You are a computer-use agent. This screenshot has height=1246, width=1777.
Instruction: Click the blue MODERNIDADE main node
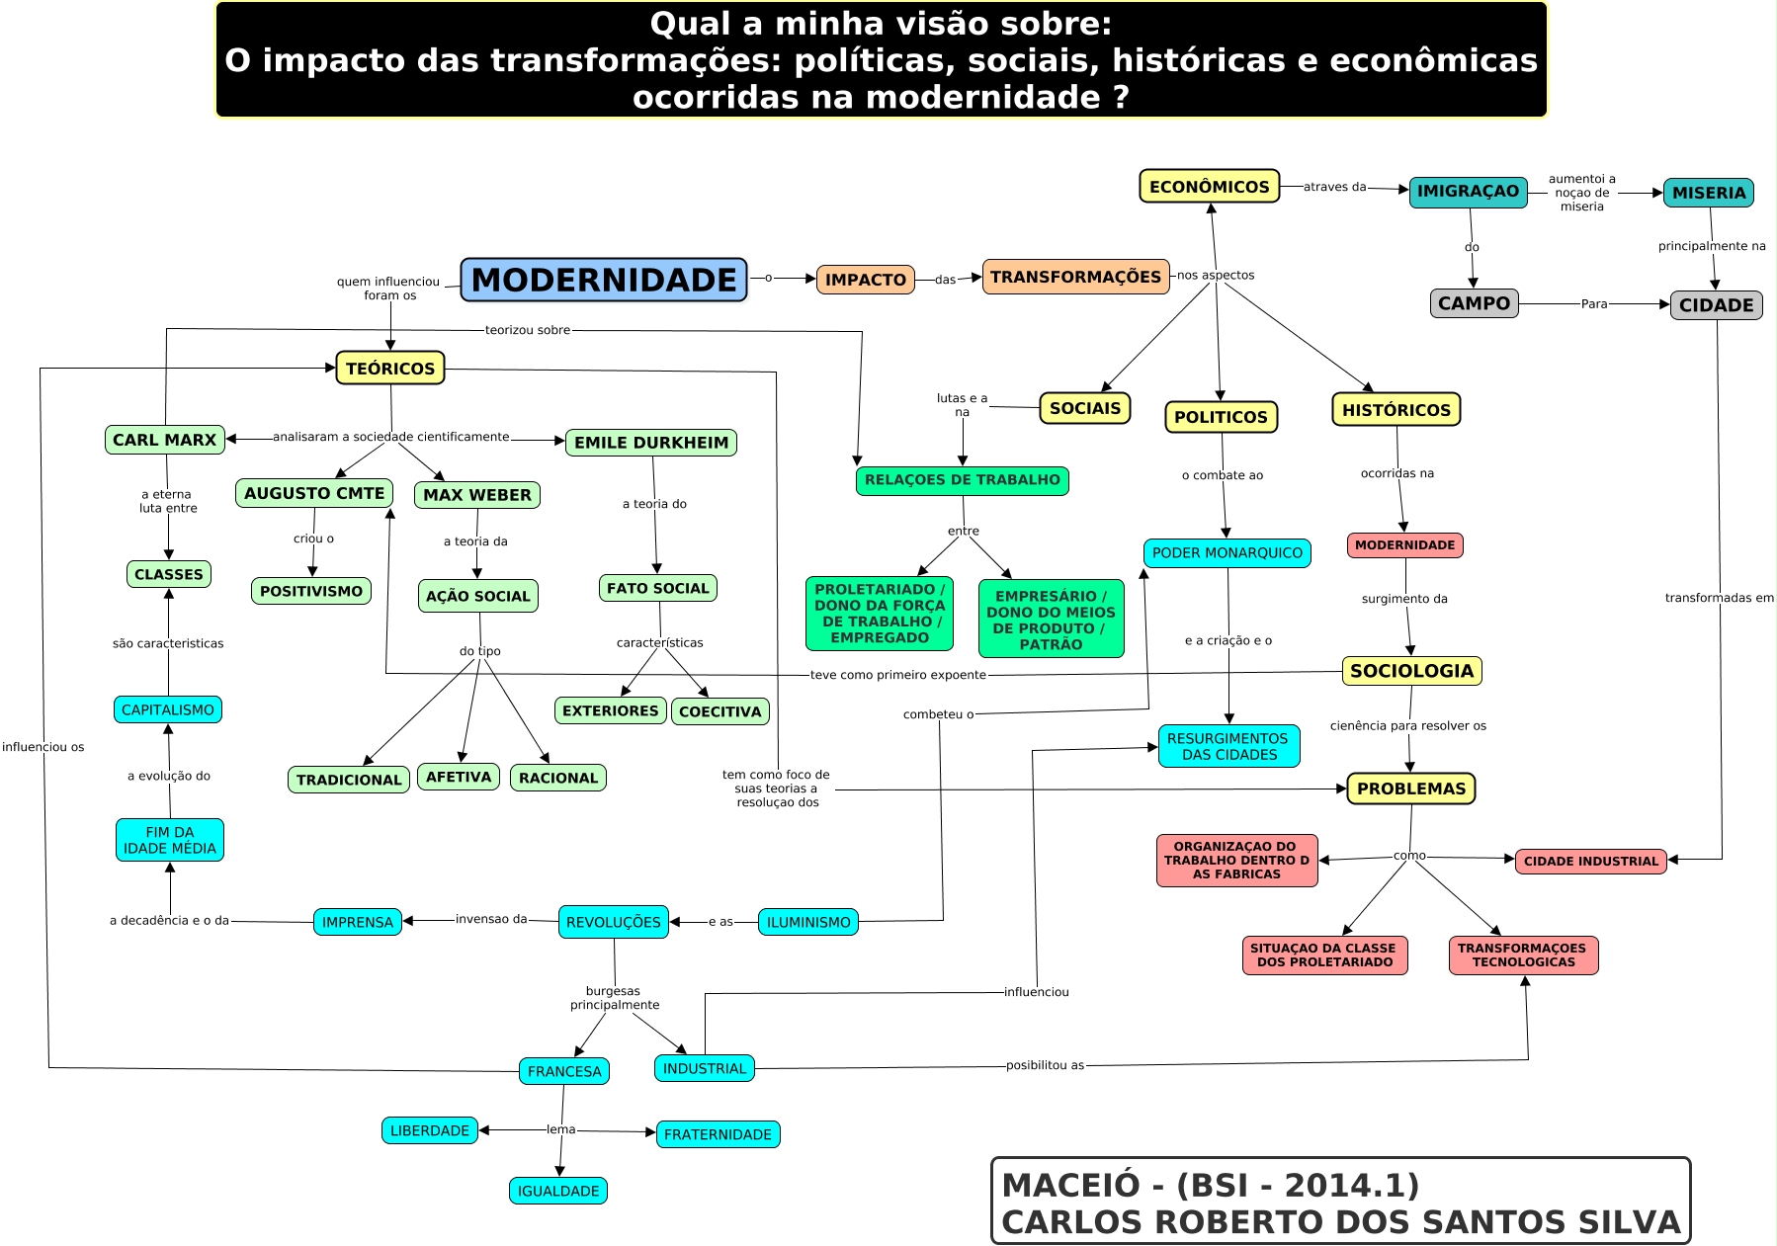coord(604,280)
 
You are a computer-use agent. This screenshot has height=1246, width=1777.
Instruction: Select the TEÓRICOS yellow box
coord(390,369)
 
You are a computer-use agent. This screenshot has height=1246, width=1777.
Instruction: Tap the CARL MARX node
coord(164,440)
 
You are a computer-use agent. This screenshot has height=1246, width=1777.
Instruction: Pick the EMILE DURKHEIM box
coord(651,443)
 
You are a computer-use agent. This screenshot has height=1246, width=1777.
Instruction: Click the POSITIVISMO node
coord(311,591)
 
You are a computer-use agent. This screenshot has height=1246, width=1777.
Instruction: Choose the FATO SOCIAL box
coord(658,588)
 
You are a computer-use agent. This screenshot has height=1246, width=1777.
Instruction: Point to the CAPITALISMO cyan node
coord(168,709)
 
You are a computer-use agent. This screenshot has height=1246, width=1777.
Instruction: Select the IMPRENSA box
coord(358,922)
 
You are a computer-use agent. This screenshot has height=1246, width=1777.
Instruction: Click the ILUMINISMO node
coord(808,922)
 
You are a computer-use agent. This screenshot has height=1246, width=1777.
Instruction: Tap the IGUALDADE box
coord(558,1191)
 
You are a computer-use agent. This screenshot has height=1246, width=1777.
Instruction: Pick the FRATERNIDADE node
coord(718,1134)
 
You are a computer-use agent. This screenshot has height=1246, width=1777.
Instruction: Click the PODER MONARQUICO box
coord(1227,553)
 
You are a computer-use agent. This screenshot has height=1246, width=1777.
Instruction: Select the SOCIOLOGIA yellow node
coord(1411,671)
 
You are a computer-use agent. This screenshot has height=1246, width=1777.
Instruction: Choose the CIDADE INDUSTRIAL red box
coord(1591,861)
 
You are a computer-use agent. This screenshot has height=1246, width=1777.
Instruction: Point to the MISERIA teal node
coord(1709,193)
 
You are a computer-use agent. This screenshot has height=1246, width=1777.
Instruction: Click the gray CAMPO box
coord(1474,303)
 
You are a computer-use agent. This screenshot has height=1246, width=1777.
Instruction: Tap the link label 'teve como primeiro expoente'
coord(898,675)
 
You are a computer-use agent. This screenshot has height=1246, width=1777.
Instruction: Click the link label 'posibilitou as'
coord(1045,1065)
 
